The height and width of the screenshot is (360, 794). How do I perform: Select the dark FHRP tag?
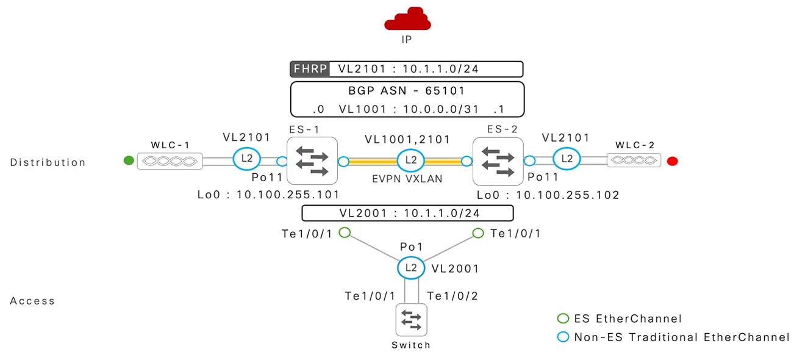pyautogui.click(x=310, y=69)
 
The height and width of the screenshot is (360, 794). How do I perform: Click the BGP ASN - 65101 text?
pyautogui.click(x=407, y=91)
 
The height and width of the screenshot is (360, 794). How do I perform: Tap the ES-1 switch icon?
pyautogui.click(x=312, y=161)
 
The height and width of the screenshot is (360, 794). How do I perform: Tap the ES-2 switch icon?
pyautogui.click(x=498, y=161)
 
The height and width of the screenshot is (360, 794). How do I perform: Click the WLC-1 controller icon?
pyautogui.click(x=170, y=161)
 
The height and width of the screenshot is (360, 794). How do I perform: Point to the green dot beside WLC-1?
pyautogui.click(x=129, y=161)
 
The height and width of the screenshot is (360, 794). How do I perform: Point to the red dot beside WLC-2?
pyautogui.click(x=673, y=161)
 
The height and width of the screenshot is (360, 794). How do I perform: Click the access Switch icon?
pyautogui.click(x=411, y=319)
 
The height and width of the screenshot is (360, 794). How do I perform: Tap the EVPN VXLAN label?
pyautogui.click(x=406, y=181)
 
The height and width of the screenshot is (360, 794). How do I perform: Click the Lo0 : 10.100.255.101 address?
pyautogui.click(x=268, y=195)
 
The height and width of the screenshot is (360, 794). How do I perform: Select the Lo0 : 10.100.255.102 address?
pyautogui.click(x=548, y=195)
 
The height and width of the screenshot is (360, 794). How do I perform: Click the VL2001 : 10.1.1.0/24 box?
pyautogui.click(x=407, y=213)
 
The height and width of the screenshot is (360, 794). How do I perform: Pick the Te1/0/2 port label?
pyautogui.click(x=453, y=296)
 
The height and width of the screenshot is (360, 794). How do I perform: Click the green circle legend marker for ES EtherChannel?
pyautogui.click(x=563, y=319)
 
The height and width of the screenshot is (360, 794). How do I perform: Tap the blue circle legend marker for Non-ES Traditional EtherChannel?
pyautogui.click(x=563, y=337)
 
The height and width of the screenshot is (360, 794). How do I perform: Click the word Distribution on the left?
pyautogui.click(x=48, y=162)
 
